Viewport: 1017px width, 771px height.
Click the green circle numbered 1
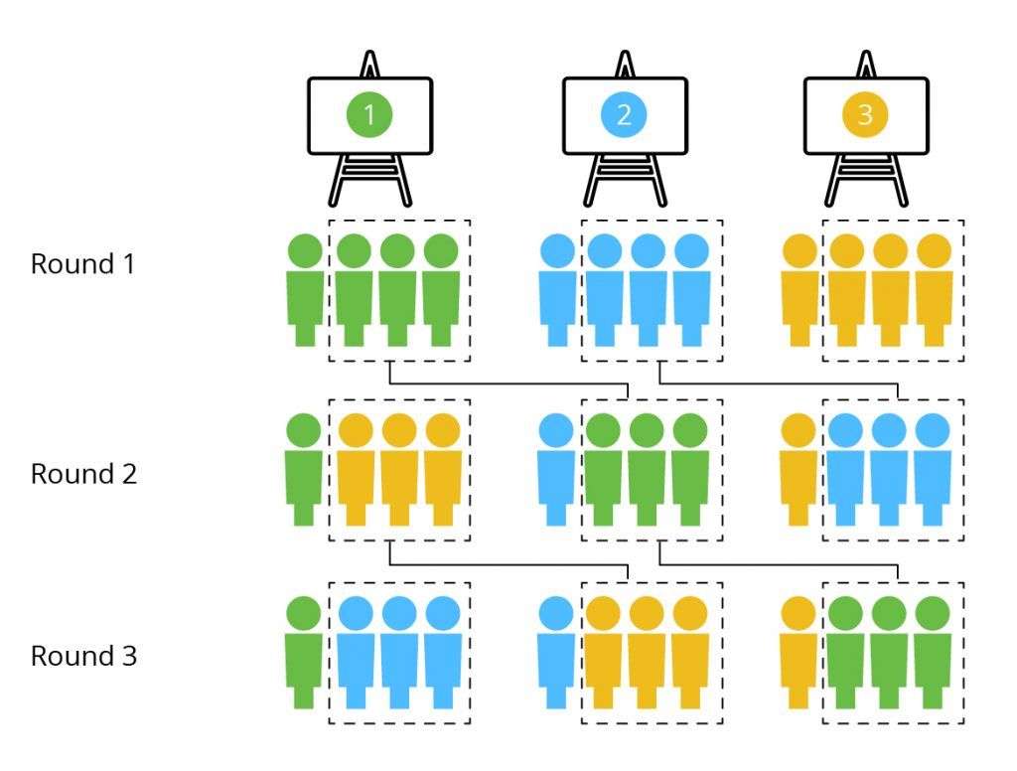(369, 114)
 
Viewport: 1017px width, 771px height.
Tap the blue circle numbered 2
(624, 114)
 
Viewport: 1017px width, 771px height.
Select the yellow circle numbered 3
(865, 114)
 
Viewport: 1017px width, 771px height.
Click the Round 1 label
(83, 264)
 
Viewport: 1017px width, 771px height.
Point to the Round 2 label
(83, 474)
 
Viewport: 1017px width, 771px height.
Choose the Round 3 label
(83, 656)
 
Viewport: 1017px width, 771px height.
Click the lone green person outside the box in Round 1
(305, 290)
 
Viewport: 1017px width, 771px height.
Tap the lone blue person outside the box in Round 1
(558, 290)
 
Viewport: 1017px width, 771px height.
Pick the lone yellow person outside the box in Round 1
(799, 290)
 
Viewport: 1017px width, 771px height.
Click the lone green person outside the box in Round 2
(304, 469)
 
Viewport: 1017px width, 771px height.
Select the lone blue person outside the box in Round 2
(556, 469)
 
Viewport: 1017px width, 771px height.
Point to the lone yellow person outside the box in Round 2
(799, 469)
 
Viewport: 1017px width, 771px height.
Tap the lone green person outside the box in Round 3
(304, 652)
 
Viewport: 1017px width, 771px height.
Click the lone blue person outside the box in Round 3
(556, 652)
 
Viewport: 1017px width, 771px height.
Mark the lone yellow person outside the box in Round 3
(799, 652)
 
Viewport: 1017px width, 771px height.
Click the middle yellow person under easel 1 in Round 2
(399, 469)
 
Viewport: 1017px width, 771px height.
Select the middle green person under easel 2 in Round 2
(647, 469)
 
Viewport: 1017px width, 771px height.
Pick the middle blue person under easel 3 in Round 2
(889, 469)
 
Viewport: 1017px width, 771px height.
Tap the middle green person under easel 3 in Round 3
(889, 652)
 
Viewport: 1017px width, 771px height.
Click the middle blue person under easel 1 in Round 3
(399, 652)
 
